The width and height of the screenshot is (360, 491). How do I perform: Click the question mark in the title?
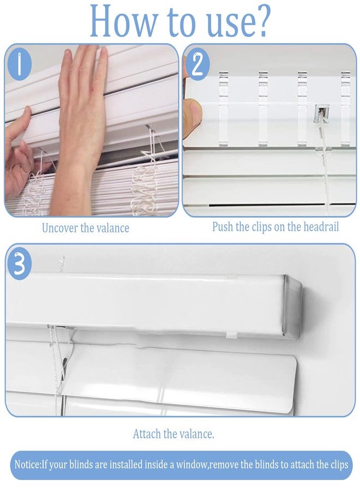(261, 21)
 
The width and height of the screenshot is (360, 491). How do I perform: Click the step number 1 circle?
(20, 64)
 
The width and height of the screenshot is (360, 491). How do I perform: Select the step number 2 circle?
(197, 64)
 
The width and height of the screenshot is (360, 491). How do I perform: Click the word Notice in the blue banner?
(28, 464)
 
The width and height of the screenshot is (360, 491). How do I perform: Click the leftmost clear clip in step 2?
(223, 109)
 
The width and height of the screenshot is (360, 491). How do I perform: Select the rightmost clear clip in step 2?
(346, 109)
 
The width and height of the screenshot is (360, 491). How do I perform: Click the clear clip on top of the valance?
(231, 276)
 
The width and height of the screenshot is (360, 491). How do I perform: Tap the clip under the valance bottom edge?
(232, 335)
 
